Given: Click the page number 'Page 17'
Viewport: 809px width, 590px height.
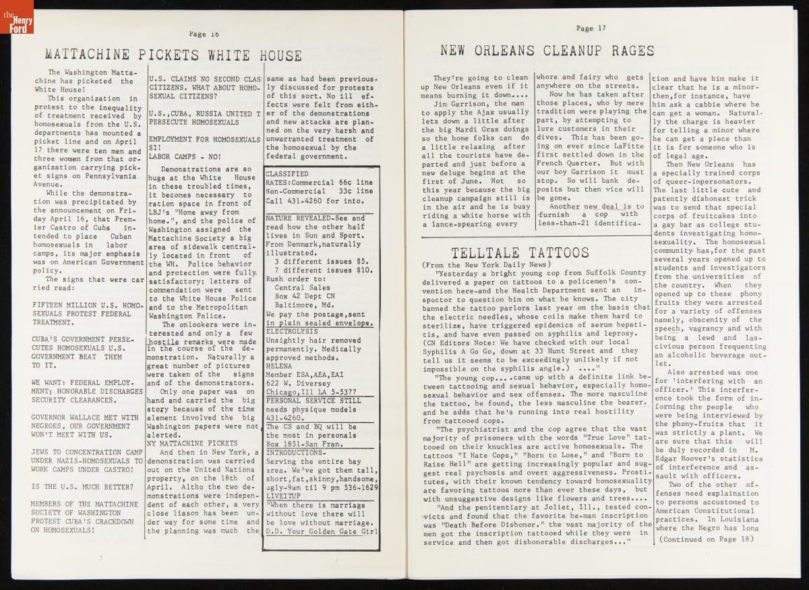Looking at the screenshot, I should coord(591,28).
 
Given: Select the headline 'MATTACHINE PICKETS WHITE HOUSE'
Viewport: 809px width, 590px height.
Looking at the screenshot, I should coord(173,55).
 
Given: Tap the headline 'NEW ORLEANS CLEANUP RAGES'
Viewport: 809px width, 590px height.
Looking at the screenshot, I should coord(547,51).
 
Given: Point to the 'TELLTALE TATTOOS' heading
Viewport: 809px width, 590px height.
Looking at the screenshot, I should coord(520,253).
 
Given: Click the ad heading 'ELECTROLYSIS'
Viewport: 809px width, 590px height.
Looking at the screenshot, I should coord(291,332).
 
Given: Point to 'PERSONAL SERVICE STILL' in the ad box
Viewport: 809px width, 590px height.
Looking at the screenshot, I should coord(313,401).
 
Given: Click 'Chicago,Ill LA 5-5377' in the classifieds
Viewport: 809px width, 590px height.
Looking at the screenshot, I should coord(311,392).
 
